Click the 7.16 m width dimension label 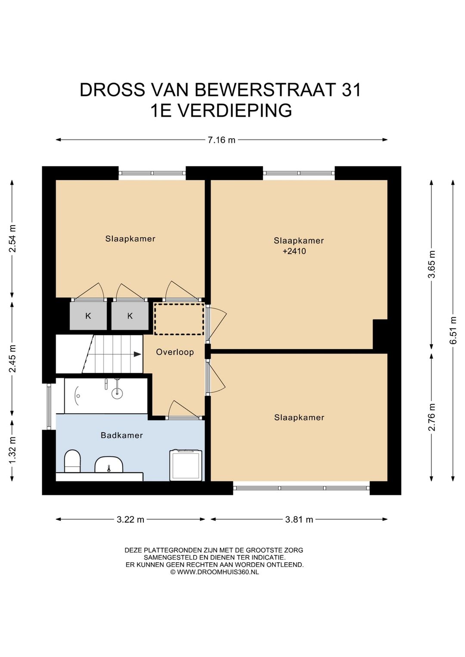(221, 140)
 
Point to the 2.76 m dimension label (431, 417)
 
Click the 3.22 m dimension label (130, 520)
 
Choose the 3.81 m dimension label (299, 520)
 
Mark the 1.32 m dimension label (12, 450)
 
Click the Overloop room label (175, 352)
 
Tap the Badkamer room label (122, 435)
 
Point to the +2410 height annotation (294, 251)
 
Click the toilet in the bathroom (72, 462)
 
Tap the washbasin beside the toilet (109, 464)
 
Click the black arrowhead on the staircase (137, 354)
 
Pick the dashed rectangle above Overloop (179, 319)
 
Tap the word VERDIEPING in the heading (235, 111)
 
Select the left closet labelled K (88, 316)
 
